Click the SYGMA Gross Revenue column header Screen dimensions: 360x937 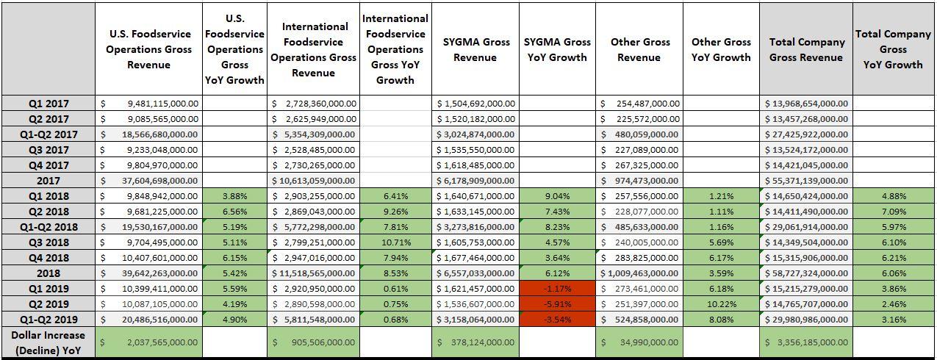[475, 49]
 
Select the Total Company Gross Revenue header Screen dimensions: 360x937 [806, 49]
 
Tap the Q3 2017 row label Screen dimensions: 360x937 [48, 150]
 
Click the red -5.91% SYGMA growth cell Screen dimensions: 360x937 [556, 304]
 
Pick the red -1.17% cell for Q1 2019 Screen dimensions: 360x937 [556, 289]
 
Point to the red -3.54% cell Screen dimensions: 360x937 [556, 320]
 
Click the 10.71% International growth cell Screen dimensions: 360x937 [395, 242]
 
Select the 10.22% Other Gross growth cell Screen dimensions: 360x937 [720, 304]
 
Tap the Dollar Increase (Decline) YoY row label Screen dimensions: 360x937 [48, 342]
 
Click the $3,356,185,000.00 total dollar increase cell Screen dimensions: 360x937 [806, 342]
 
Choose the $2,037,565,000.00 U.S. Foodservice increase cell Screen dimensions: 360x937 [149, 342]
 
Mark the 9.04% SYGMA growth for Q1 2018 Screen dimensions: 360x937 [556, 196]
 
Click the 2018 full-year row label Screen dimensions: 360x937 [48, 273]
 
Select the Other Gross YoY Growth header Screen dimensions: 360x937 [720, 49]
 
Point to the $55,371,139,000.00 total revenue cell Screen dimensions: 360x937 [806, 181]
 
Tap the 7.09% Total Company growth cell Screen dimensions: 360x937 [893, 212]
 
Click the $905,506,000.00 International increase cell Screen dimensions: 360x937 [314, 342]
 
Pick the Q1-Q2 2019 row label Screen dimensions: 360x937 [48, 320]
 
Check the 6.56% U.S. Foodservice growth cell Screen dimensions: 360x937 [234, 212]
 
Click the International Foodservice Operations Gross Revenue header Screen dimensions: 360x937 [314, 49]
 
